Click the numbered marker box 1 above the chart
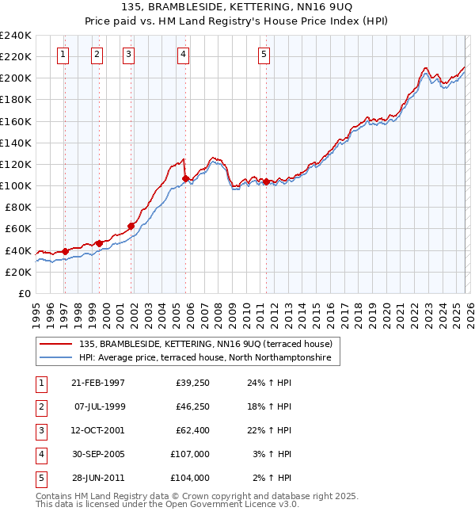(63, 55)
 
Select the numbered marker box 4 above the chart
(183, 55)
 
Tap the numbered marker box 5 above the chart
(264, 55)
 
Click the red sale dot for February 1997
(64, 251)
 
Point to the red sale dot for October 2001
(130, 226)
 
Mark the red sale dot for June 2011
(266, 181)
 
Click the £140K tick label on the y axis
(16, 143)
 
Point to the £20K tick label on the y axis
(18, 272)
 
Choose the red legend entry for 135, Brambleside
(210, 344)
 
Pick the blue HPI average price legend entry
(209, 358)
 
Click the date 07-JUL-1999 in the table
(99, 406)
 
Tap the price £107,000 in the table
(191, 454)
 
